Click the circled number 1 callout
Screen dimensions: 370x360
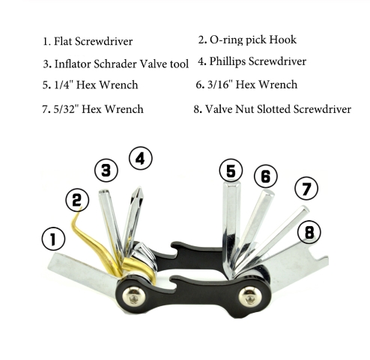click(x=53, y=239)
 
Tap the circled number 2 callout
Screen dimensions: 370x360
click(x=77, y=200)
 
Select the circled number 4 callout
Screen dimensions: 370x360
click(x=141, y=158)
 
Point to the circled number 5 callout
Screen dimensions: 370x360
click(x=231, y=171)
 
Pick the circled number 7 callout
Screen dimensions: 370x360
click(x=306, y=189)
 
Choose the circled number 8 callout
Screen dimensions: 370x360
click(x=309, y=232)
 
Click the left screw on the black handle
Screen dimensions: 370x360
click(x=134, y=296)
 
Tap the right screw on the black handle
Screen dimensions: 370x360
click(x=250, y=296)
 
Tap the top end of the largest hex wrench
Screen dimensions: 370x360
click(x=231, y=183)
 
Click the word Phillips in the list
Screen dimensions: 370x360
click(x=228, y=61)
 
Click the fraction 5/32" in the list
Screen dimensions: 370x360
click(x=66, y=109)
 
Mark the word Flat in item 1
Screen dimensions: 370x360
click(x=63, y=41)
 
